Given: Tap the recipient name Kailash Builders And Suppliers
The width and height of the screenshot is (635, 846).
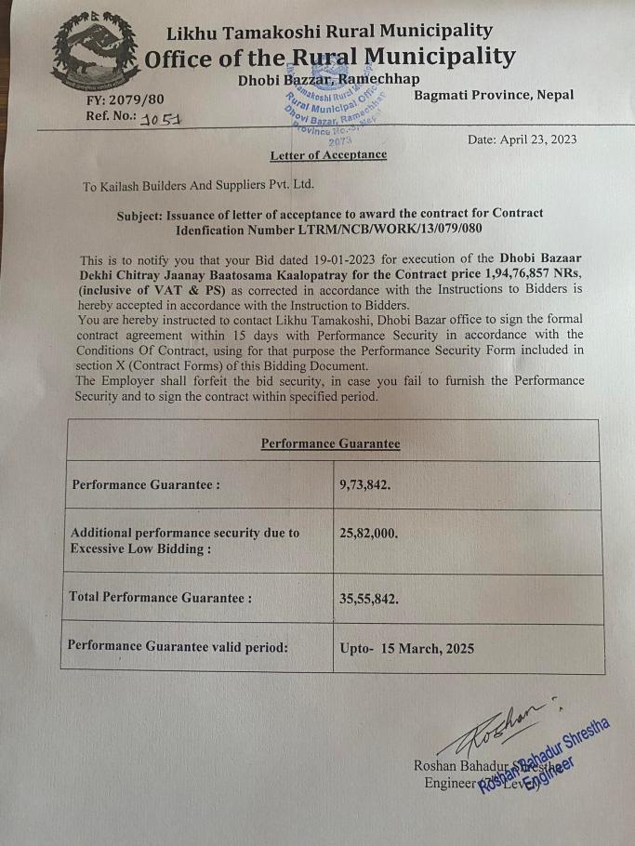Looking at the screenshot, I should point(198,185).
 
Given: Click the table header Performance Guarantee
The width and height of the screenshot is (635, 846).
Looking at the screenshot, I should point(330,443).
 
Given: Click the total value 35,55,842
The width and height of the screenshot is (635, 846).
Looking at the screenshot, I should point(369,599).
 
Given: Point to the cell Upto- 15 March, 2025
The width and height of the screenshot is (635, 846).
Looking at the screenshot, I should point(407,648).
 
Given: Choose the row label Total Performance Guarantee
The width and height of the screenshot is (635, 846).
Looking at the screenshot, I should point(160,597).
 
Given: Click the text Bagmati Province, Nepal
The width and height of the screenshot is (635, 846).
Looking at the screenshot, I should point(494,95).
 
